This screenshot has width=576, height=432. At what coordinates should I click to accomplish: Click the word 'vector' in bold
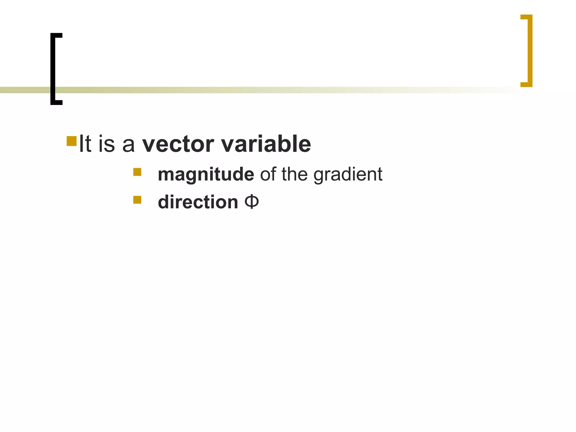(178, 144)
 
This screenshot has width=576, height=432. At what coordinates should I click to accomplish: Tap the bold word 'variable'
(266, 144)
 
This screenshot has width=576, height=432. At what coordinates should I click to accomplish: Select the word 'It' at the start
(85, 144)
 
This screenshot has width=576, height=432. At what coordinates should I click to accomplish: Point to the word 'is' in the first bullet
(107, 144)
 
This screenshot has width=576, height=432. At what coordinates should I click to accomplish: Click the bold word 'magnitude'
(206, 174)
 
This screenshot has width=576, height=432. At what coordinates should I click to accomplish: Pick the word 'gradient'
(348, 174)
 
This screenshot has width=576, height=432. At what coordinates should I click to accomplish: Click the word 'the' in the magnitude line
(294, 174)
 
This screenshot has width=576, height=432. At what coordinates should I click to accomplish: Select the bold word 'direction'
(198, 202)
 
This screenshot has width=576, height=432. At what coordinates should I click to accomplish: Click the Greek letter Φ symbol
(252, 202)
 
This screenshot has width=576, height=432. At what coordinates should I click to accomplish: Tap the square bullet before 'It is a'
(72, 141)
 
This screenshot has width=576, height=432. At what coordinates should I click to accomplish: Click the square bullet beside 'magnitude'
(137, 172)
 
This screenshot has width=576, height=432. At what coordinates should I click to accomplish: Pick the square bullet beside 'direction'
(137, 199)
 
